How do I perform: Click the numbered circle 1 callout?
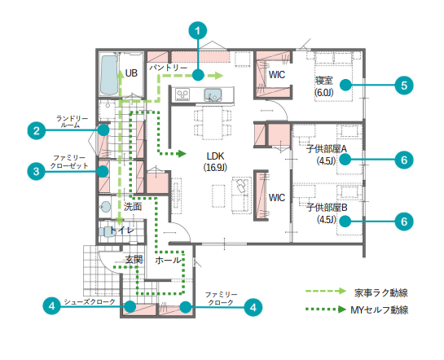coord(198,31)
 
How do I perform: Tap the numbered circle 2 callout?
coord(36,131)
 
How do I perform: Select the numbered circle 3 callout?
coord(36,171)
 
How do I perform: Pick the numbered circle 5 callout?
coord(404,86)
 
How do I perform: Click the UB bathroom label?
coord(131,73)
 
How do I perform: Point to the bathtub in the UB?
coord(109,75)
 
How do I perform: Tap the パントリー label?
coord(168,68)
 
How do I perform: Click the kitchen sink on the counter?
coord(213,94)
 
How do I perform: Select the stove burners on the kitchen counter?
coord(182,94)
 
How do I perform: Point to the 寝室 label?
coord(324,81)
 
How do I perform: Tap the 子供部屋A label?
coord(326,148)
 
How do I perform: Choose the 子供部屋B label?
coord(327,208)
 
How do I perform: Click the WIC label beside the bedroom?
coord(277,75)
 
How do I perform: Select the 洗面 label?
coord(133,207)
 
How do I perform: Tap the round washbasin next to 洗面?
coord(105,207)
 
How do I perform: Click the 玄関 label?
coord(134,260)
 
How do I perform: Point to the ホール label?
coord(168,260)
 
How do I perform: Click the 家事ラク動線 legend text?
coord(380,292)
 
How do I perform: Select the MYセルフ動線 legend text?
coord(380,310)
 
